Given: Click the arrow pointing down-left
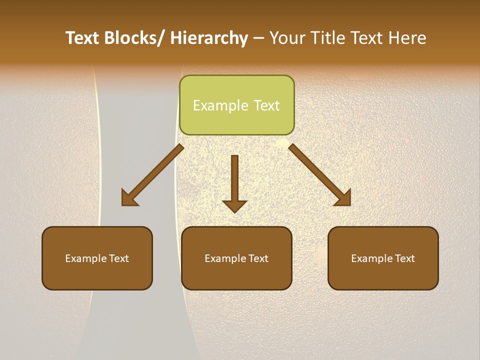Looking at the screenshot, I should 153,174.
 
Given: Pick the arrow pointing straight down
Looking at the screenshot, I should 234,180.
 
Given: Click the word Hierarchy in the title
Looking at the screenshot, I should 209,38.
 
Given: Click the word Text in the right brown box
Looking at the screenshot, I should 404,258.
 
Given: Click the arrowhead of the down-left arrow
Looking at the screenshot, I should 128,198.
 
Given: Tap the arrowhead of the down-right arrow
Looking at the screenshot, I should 343,198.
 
